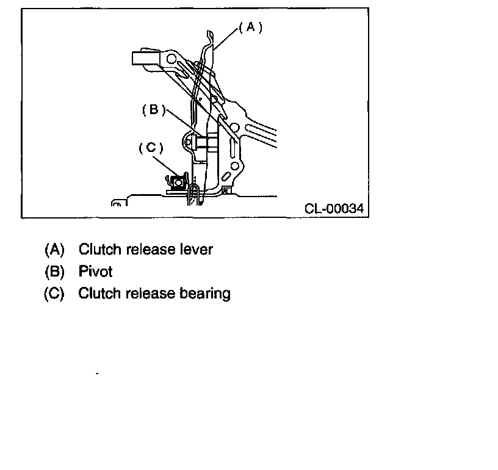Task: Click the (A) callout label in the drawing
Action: pos(250,27)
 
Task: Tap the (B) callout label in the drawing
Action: pos(154,110)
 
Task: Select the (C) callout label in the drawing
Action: pos(151,148)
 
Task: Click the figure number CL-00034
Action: pos(334,209)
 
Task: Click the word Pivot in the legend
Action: pos(95,272)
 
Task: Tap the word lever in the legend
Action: pos(195,250)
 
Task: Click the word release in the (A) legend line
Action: pos(150,250)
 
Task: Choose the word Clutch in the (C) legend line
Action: pos(99,294)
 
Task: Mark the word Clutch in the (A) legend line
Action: pos(99,250)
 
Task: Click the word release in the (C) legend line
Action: pos(150,294)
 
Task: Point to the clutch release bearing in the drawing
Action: pos(178,181)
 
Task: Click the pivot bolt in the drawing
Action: pos(204,143)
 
